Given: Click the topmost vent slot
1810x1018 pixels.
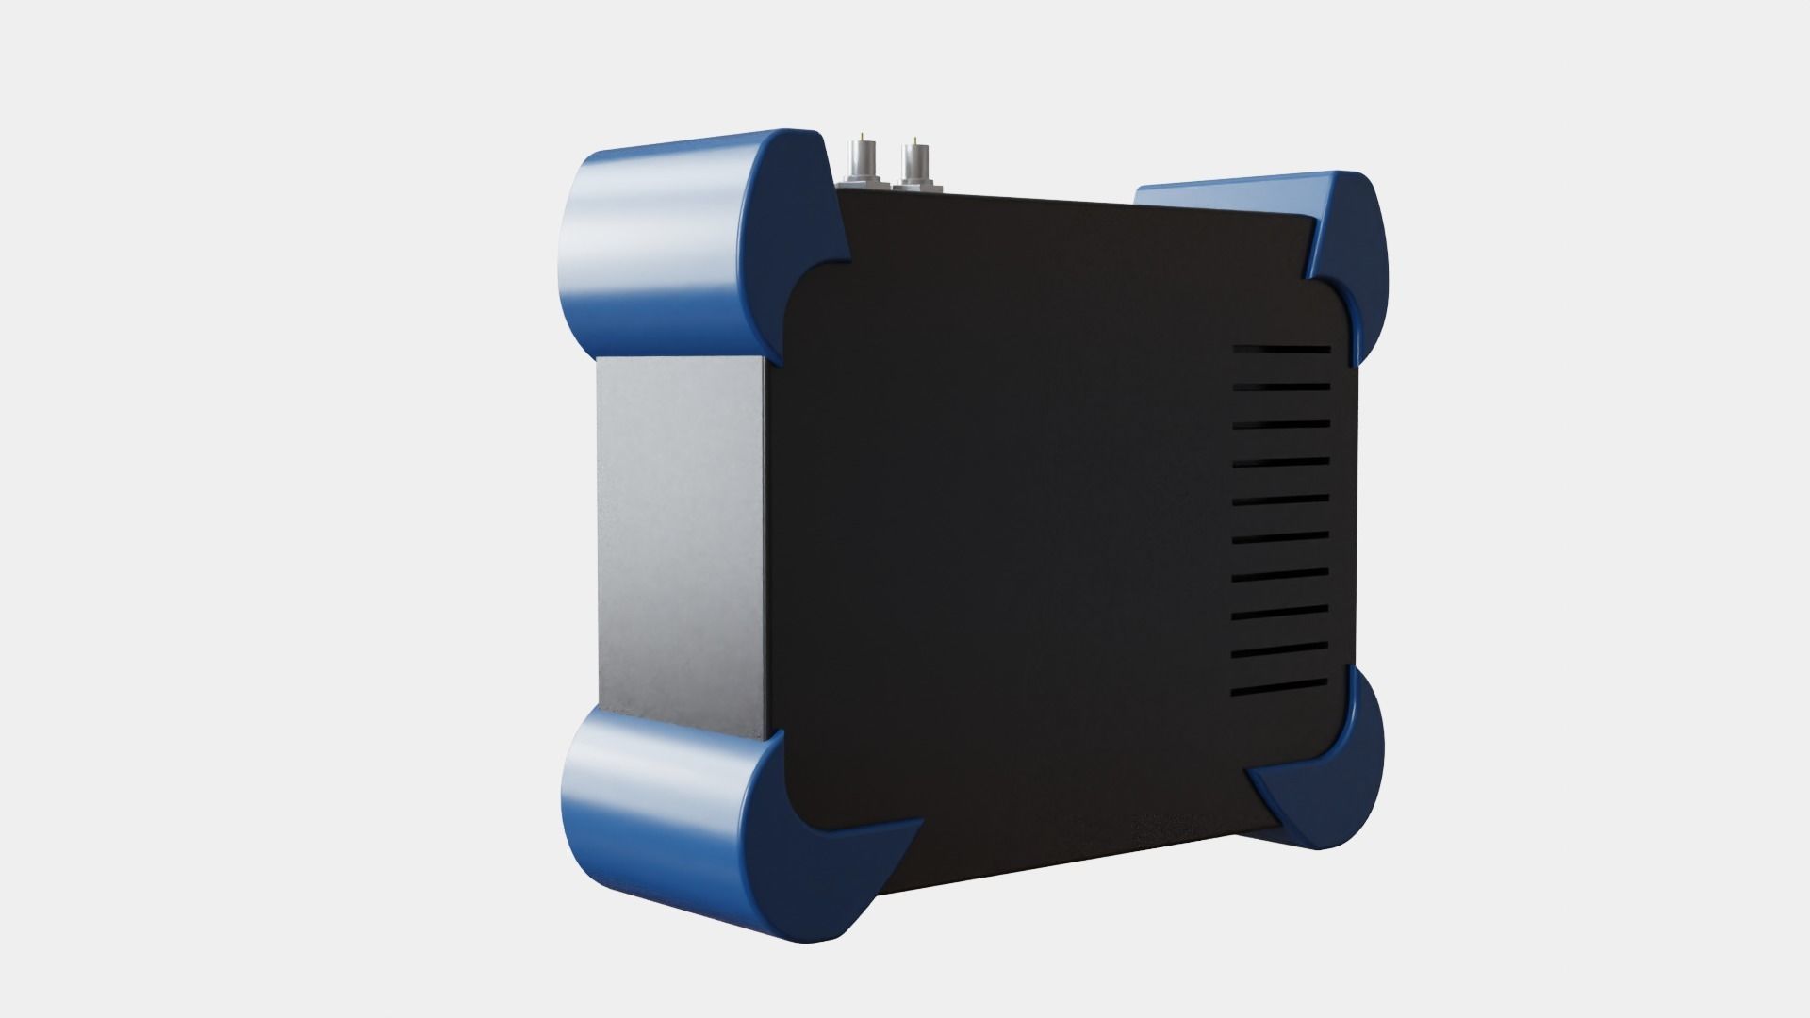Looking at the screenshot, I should pos(1282,350).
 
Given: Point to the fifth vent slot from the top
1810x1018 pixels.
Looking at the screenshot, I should pos(1281,500).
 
